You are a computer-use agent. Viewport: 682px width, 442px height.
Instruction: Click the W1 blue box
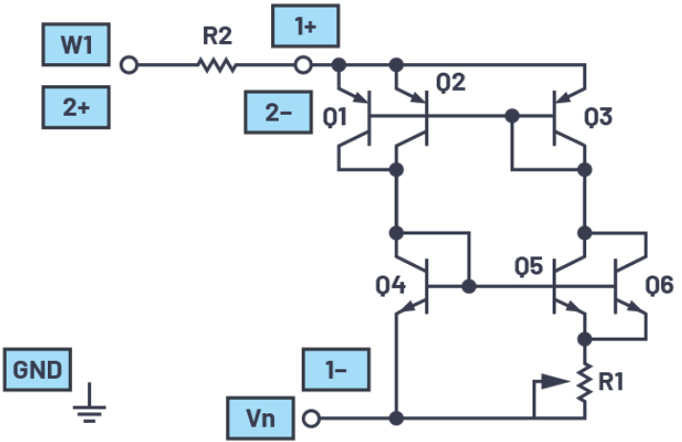[77, 44]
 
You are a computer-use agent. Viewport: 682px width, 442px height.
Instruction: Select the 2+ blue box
[77, 107]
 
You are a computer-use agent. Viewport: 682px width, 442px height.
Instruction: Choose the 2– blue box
[279, 112]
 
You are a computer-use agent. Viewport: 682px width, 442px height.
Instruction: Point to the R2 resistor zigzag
[216, 65]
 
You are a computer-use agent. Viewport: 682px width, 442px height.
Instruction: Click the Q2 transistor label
[451, 83]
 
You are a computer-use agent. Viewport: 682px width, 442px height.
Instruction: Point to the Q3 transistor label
[598, 118]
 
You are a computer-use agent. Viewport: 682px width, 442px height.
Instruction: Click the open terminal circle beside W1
[129, 65]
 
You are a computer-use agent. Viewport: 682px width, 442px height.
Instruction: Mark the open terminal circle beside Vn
[309, 418]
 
